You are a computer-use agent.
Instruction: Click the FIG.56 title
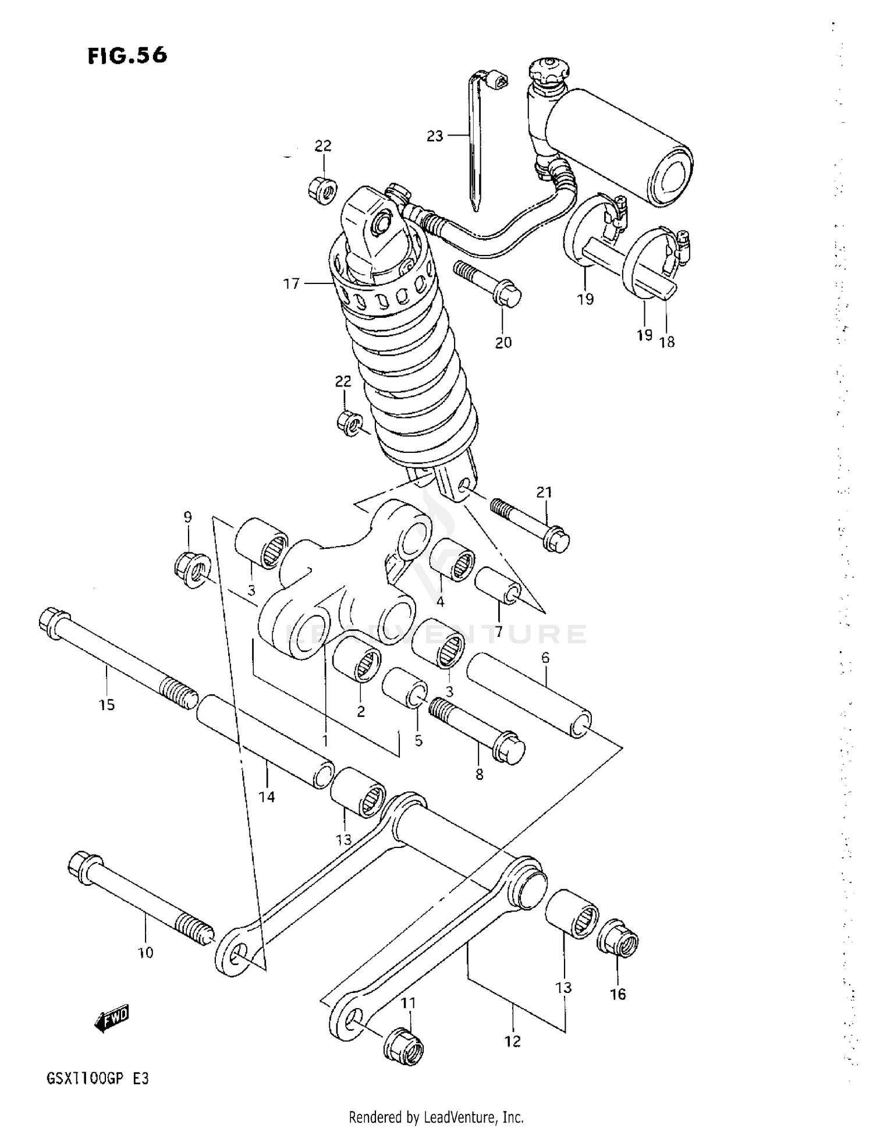point(127,55)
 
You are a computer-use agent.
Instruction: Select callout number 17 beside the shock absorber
point(291,283)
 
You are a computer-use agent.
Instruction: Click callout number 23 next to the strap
point(435,136)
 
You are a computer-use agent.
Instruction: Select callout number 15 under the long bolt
point(107,705)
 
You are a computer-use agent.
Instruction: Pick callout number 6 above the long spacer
point(545,658)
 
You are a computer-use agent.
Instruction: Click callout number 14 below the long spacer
point(267,796)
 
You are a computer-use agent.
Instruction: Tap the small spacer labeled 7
point(498,587)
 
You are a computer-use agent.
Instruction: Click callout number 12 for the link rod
point(512,1041)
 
